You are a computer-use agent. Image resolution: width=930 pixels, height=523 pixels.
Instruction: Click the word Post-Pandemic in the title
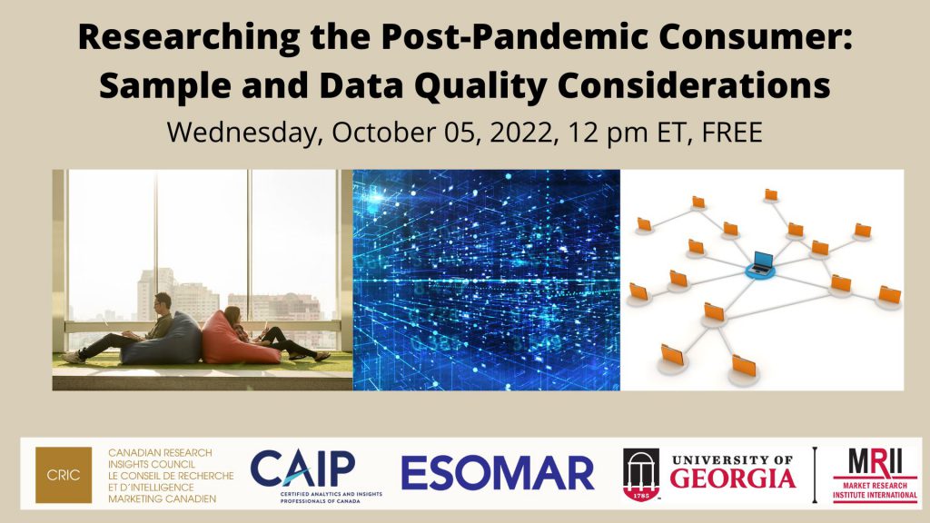tap(515, 36)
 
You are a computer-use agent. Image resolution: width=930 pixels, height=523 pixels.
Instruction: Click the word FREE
tap(732, 132)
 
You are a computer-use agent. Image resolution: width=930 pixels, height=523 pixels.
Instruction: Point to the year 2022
tap(521, 133)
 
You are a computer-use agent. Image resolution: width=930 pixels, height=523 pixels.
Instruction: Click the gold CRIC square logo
tap(64, 474)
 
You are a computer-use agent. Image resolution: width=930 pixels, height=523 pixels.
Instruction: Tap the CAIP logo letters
tap(303, 469)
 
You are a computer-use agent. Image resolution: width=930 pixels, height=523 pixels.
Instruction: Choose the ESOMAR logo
tap(497, 473)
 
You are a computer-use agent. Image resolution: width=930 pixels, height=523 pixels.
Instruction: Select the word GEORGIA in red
tap(733, 479)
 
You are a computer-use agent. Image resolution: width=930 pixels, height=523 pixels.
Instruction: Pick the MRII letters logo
tap(876, 462)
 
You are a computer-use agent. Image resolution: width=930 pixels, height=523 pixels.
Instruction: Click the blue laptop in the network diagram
tap(760, 263)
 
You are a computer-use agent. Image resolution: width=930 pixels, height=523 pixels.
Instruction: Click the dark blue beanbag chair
tap(163, 339)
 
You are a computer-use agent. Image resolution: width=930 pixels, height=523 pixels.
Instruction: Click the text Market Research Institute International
tap(876, 490)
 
